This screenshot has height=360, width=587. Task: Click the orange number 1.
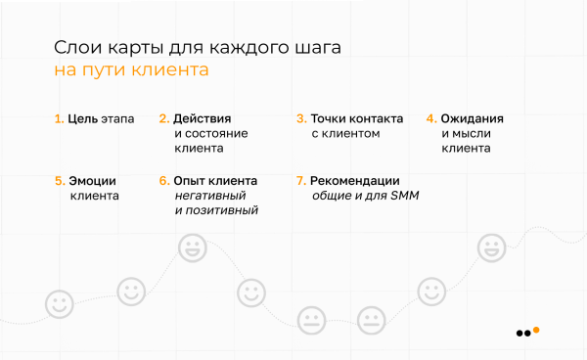[x=58, y=118]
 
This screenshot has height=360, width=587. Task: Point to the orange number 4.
[x=430, y=118]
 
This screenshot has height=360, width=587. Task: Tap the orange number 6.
[x=164, y=181]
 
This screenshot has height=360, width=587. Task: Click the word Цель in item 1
[x=81, y=118]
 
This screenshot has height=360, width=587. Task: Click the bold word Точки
[x=330, y=118]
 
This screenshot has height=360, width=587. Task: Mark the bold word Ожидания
[x=472, y=118]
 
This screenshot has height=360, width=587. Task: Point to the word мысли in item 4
[x=472, y=133]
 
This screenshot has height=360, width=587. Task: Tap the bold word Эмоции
[x=92, y=181]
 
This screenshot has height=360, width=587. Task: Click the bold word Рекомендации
[x=354, y=181]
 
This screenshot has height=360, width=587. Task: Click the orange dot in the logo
[x=536, y=330]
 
